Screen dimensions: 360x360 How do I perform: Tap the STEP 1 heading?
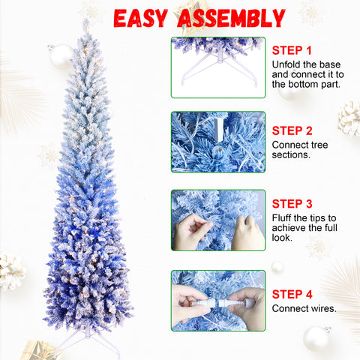pos(292,50)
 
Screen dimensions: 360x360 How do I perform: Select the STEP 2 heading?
pos(292,130)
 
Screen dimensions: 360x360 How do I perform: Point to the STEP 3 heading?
pos(292,203)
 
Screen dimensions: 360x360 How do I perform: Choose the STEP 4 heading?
pos(292,293)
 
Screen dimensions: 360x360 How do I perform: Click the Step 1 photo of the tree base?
pos(217,67)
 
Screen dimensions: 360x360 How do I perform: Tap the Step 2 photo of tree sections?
pos(217,142)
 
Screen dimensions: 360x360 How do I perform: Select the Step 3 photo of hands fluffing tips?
pos(217,220)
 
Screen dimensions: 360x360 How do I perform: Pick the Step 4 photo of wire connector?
pos(217,300)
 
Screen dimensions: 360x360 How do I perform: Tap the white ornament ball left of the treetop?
pos(61,56)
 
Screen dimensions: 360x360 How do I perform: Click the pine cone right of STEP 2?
pos(349,118)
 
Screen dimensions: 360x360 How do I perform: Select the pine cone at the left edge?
pos(11,271)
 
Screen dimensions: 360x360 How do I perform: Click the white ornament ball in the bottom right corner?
pos(316,338)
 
